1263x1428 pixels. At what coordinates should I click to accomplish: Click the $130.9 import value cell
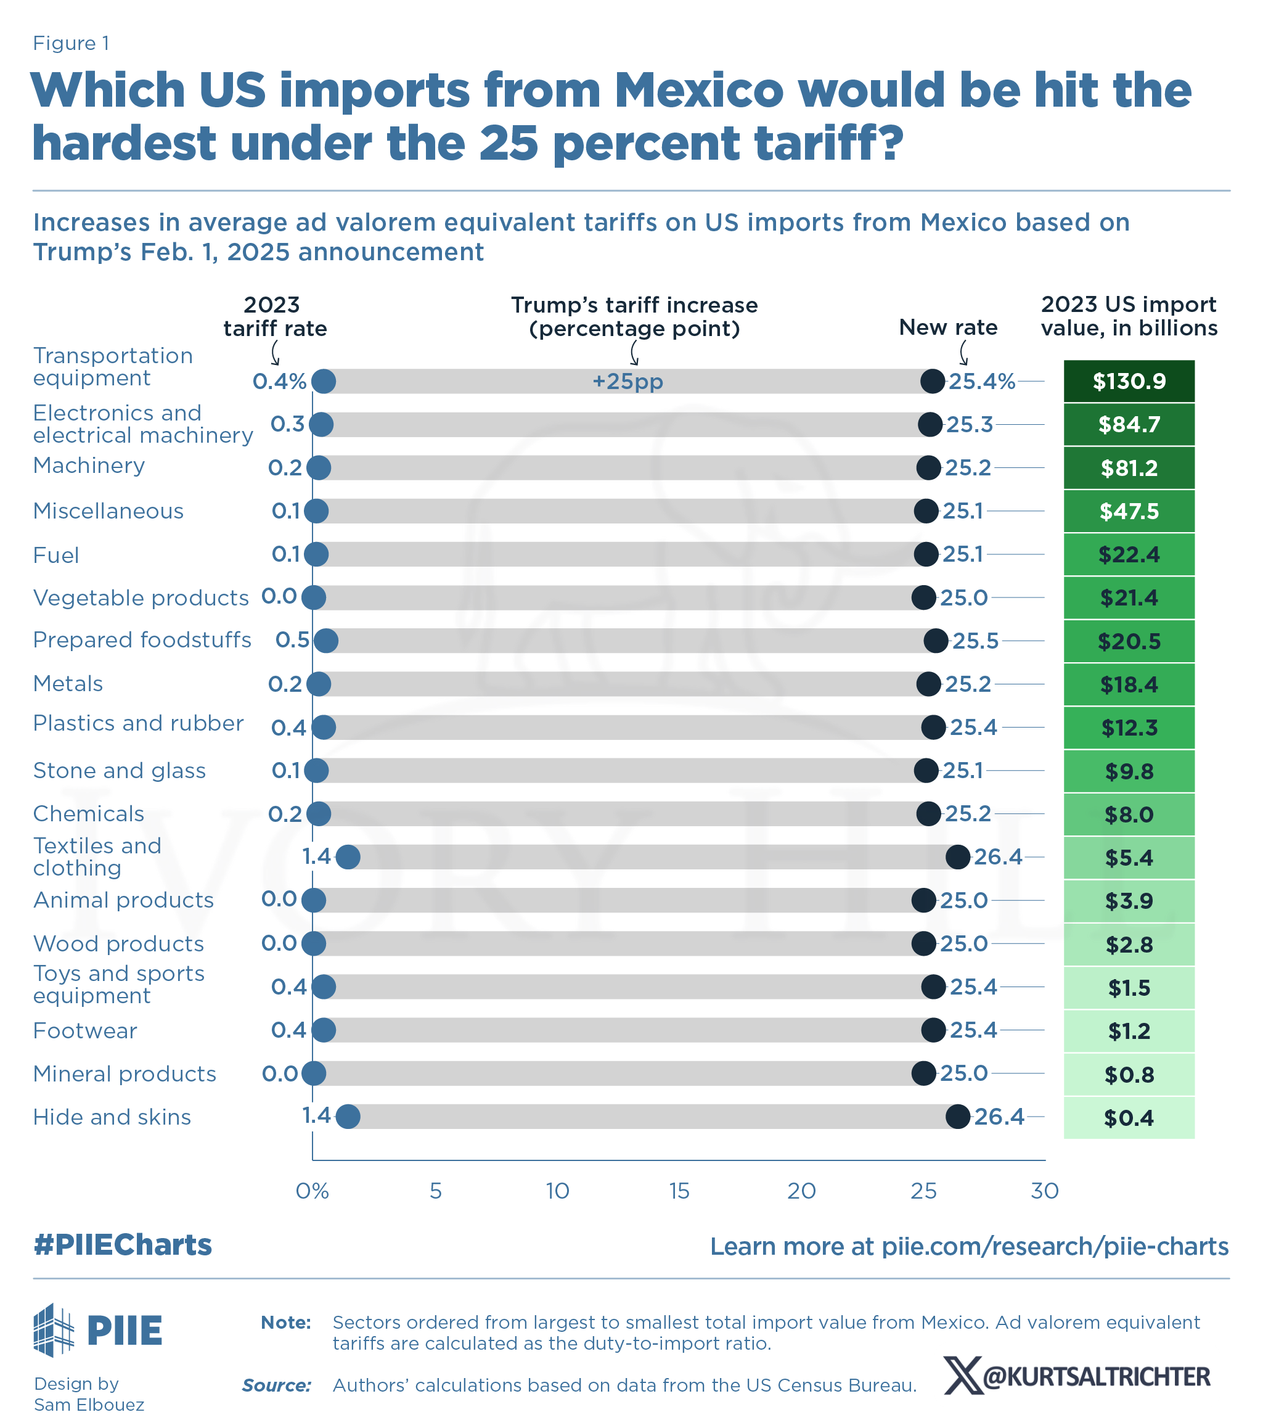coord(1128,382)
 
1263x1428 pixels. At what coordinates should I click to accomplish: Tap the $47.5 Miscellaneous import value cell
coord(1128,511)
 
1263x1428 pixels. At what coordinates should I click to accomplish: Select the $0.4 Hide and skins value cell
coord(1128,1118)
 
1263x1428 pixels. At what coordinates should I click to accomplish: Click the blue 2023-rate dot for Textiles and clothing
coord(348,857)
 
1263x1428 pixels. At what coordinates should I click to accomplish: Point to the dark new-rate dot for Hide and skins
coord(958,1117)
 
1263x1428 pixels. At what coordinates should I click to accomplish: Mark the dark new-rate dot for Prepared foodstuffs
coord(936,641)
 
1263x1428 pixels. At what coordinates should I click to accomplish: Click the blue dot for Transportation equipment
coord(324,382)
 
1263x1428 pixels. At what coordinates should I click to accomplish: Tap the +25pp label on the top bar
coord(627,382)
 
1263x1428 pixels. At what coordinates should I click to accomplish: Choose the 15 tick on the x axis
coord(679,1191)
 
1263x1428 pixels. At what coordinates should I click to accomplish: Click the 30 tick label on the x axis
coord(1044,1191)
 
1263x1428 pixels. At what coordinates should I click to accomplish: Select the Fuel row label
coord(56,556)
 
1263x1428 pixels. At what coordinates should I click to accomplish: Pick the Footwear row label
coord(85,1030)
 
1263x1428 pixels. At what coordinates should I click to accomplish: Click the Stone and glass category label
coord(120,771)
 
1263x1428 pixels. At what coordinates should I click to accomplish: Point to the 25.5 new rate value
coord(975,641)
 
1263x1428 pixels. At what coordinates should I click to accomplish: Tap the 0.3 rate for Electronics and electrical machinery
coord(287,424)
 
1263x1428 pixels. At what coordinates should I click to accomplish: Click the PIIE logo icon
coord(54,1329)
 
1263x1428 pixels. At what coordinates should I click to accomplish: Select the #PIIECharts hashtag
coord(122,1245)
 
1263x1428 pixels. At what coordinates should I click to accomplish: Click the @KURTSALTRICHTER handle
coord(1095,1376)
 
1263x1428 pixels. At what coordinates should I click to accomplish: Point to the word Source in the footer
coord(276,1385)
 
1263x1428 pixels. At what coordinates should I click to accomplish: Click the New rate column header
coord(948,327)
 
